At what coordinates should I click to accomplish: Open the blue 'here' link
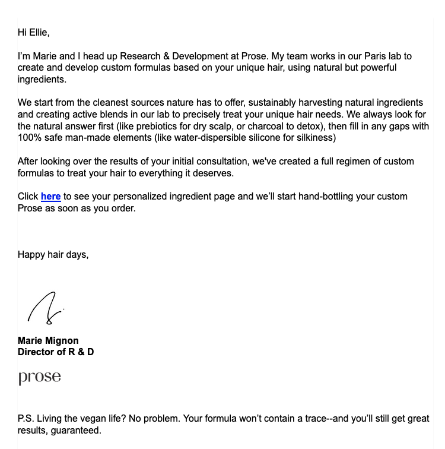(50, 197)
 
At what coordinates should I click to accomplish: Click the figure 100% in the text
(30, 138)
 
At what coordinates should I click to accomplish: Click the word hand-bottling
(315, 197)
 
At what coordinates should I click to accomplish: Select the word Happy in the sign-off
(31, 255)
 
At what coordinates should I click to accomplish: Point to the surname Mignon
(62, 341)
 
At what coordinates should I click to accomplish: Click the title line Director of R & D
(56, 352)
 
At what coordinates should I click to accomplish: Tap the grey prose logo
(39, 378)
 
